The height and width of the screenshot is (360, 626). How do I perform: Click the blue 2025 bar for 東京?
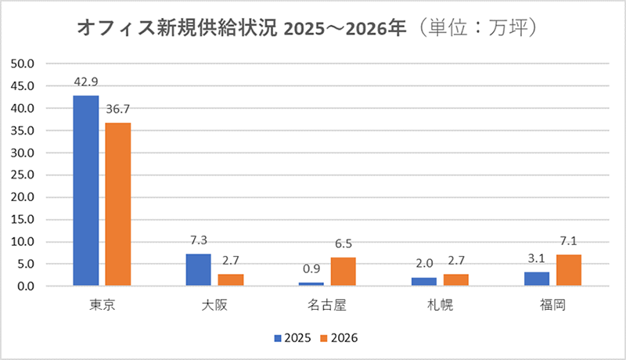coord(86,191)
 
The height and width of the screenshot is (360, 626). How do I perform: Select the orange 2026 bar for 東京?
coord(118,204)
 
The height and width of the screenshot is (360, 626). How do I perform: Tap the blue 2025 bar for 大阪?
coord(199,270)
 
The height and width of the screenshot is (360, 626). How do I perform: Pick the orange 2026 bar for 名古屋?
coord(344,272)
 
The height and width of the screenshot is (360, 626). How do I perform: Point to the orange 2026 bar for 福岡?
coord(568,270)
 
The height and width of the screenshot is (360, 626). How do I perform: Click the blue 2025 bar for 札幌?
coord(424,282)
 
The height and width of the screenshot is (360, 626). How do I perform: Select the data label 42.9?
coord(86,81)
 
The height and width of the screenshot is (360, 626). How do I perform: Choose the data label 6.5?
coord(344,243)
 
